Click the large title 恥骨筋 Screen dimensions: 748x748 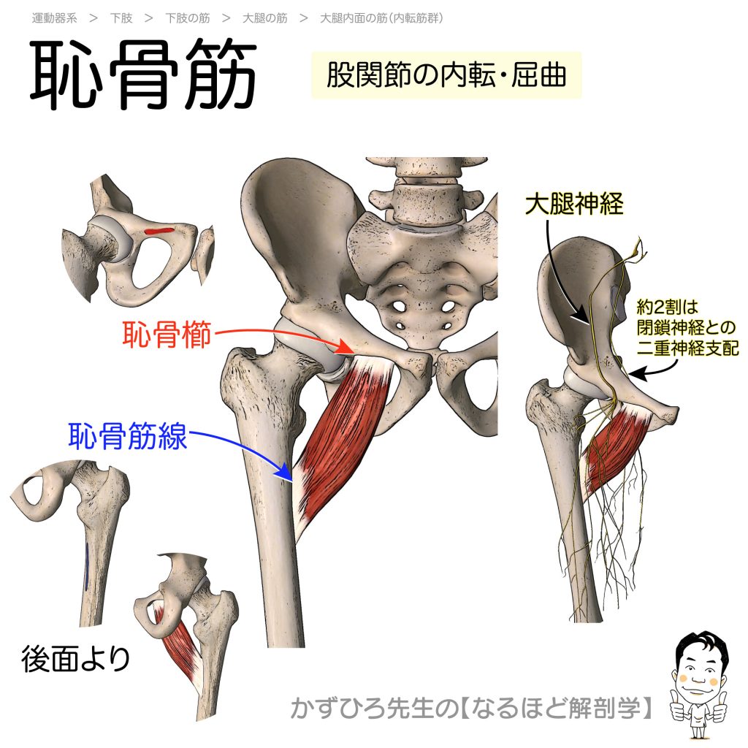[143, 76]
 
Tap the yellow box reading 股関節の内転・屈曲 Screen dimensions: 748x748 [446, 75]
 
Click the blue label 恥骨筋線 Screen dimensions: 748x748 [128, 438]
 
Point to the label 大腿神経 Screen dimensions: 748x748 [574, 205]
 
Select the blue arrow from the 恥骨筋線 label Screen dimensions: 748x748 [241, 449]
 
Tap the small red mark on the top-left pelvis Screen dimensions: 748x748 [159, 232]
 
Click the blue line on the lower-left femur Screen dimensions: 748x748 [86, 566]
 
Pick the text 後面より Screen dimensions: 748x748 [76, 660]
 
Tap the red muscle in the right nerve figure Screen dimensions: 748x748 [617, 449]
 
